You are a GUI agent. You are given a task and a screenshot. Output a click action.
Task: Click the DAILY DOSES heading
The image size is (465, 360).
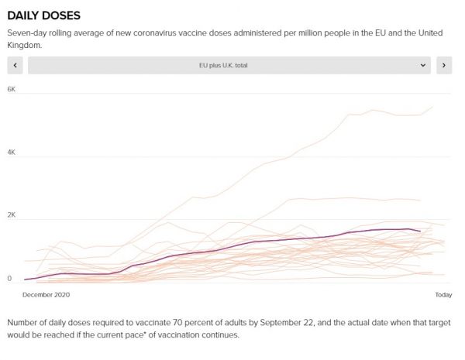click(x=43, y=15)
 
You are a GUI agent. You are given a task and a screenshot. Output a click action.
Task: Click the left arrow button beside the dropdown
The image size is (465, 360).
click(x=15, y=66)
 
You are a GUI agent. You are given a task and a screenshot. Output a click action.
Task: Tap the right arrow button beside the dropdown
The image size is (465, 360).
click(x=444, y=66)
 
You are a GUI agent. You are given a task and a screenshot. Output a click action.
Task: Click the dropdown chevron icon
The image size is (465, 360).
click(x=423, y=66)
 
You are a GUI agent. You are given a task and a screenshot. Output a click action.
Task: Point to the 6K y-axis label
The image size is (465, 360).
click(x=12, y=90)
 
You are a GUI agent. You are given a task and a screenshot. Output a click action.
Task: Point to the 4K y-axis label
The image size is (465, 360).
click(x=12, y=153)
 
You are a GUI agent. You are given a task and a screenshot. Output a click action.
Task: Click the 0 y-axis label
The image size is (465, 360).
click(x=10, y=278)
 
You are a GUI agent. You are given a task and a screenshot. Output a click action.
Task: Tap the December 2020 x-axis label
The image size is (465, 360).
click(x=46, y=295)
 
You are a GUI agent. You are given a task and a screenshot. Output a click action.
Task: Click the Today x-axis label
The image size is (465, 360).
click(x=443, y=295)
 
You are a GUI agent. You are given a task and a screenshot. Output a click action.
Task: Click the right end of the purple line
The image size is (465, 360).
click(x=420, y=231)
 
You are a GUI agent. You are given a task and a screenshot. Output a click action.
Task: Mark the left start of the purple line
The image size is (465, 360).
click(x=25, y=279)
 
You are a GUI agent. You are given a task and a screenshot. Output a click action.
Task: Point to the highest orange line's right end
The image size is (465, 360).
click(x=432, y=107)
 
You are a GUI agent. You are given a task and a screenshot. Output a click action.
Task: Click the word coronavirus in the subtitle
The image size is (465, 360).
click(x=177, y=33)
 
